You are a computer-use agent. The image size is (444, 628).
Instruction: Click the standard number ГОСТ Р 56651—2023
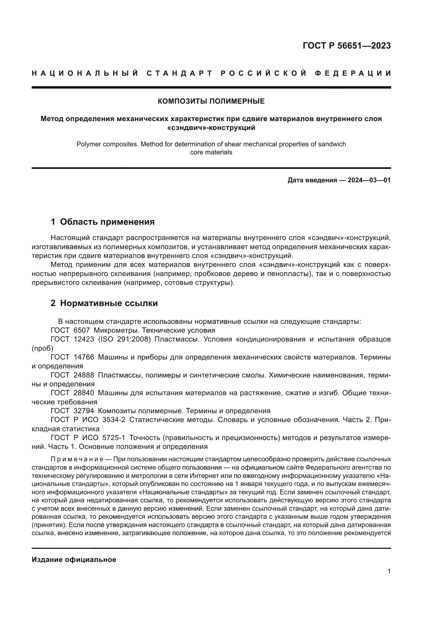(x=346, y=46)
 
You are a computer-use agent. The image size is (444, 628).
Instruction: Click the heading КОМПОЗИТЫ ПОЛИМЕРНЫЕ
(x=211, y=101)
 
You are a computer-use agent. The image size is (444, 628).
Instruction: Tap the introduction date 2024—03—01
(x=369, y=180)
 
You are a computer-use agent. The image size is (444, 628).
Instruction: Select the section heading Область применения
(x=107, y=222)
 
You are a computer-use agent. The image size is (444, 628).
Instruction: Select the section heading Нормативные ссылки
(x=109, y=303)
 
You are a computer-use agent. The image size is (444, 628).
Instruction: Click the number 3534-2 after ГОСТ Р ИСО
(x=114, y=420)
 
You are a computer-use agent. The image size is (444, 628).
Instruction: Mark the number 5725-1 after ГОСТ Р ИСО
(x=114, y=438)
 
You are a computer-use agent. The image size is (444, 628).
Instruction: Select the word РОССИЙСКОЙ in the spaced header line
(x=264, y=73)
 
